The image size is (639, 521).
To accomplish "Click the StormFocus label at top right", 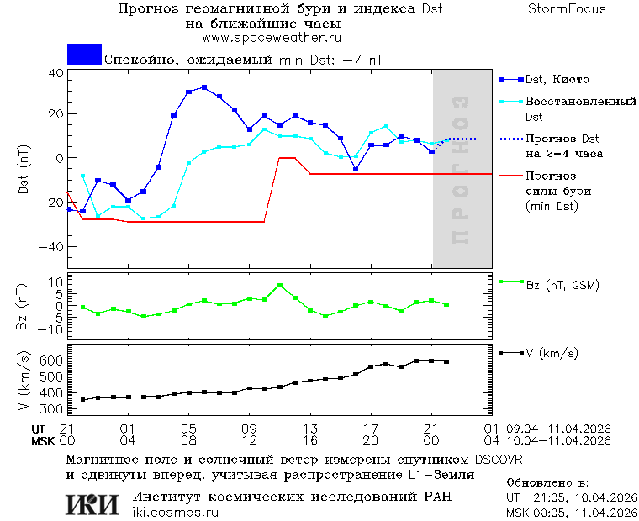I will click(567, 9).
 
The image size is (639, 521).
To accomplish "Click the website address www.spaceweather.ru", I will click(272, 38).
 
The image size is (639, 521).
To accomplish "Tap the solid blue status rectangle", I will click(84, 55).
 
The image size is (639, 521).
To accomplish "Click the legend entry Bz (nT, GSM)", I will click(562, 285).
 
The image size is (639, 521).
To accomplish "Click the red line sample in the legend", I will click(510, 176).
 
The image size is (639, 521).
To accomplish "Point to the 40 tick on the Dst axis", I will click(55, 73).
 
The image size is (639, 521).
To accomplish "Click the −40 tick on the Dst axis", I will click(52, 247).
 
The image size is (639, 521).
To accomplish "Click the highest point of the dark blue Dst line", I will click(203, 87).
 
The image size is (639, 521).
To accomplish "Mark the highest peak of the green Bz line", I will click(280, 286).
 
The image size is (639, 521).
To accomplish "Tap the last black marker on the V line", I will click(446, 361).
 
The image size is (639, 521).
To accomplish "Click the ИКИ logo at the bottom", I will click(92, 503).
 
